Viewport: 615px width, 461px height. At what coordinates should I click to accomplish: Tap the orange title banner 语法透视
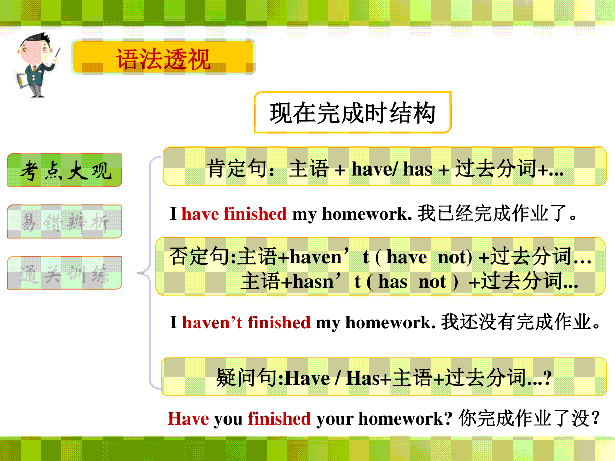click(x=163, y=57)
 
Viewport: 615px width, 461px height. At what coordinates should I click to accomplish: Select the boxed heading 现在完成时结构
click(x=353, y=113)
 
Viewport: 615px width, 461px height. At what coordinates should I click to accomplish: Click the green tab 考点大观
click(x=65, y=170)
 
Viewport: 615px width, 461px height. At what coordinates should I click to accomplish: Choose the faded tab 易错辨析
click(x=65, y=221)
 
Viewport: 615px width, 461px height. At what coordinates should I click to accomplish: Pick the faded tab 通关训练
click(x=65, y=273)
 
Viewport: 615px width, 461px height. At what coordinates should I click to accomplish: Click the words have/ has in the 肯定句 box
click(x=392, y=169)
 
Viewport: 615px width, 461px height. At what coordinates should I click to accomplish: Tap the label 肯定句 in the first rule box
click(x=237, y=169)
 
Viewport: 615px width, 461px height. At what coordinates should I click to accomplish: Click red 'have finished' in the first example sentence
click(x=234, y=214)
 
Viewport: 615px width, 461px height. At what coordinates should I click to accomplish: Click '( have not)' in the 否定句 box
click(x=424, y=257)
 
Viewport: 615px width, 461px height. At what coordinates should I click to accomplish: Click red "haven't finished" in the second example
click(x=247, y=322)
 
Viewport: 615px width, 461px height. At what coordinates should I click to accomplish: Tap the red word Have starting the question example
click(x=188, y=418)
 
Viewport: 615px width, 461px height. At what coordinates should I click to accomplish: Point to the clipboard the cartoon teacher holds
click(x=23, y=80)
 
